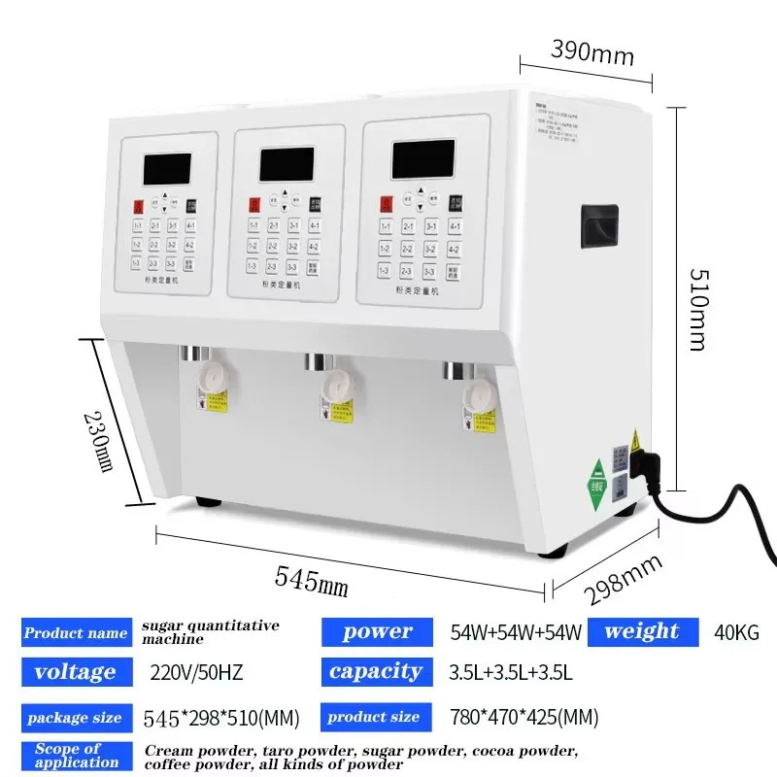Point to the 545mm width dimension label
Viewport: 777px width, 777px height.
coord(311,581)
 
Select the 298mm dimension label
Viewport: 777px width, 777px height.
coord(622,581)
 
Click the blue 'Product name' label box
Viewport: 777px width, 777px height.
coord(76,633)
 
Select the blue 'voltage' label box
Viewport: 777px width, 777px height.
coord(76,671)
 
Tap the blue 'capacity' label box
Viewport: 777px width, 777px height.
coord(375,671)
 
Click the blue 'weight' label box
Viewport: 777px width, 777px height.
coord(642,631)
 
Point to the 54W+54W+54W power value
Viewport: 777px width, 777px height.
coord(516,632)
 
